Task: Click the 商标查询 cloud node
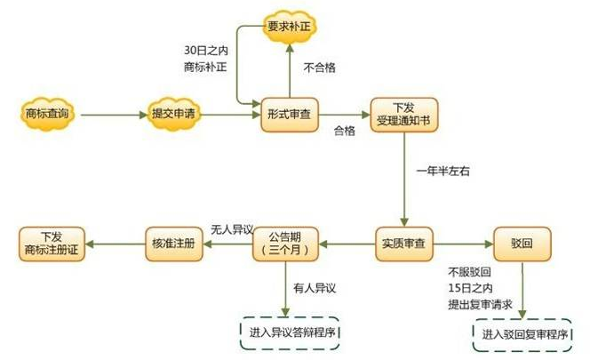point(47,114)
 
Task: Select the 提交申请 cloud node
point(173,114)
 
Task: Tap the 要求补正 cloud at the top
point(289,27)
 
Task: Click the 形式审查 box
point(290,115)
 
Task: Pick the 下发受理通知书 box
point(404,115)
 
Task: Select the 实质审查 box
point(403,244)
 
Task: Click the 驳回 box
point(522,244)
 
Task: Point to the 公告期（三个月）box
point(285,244)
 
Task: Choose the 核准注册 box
point(174,244)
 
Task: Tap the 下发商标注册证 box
point(52,244)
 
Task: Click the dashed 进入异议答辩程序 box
point(290,333)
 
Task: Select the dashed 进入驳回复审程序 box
point(522,335)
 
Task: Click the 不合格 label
point(320,68)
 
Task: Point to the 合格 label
point(344,131)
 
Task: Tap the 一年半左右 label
point(442,172)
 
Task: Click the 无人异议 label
point(232,229)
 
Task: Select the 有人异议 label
point(315,289)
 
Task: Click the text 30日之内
point(206,51)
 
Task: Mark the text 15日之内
point(470,289)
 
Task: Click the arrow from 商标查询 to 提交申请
point(114,115)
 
